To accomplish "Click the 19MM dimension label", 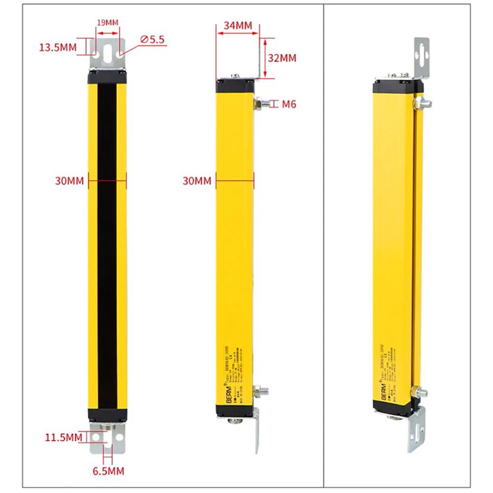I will (x=107, y=23).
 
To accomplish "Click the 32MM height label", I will (x=282, y=58).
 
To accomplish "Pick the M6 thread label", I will (x=289, y=104).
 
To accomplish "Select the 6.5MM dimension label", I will (x=108, y=471).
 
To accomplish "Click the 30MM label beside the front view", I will (x=69, y=181).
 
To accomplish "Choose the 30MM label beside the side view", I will (x=197, y=181).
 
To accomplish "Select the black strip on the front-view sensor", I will (x=107, y=246).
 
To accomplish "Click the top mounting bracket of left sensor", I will (x=107, y=54).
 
